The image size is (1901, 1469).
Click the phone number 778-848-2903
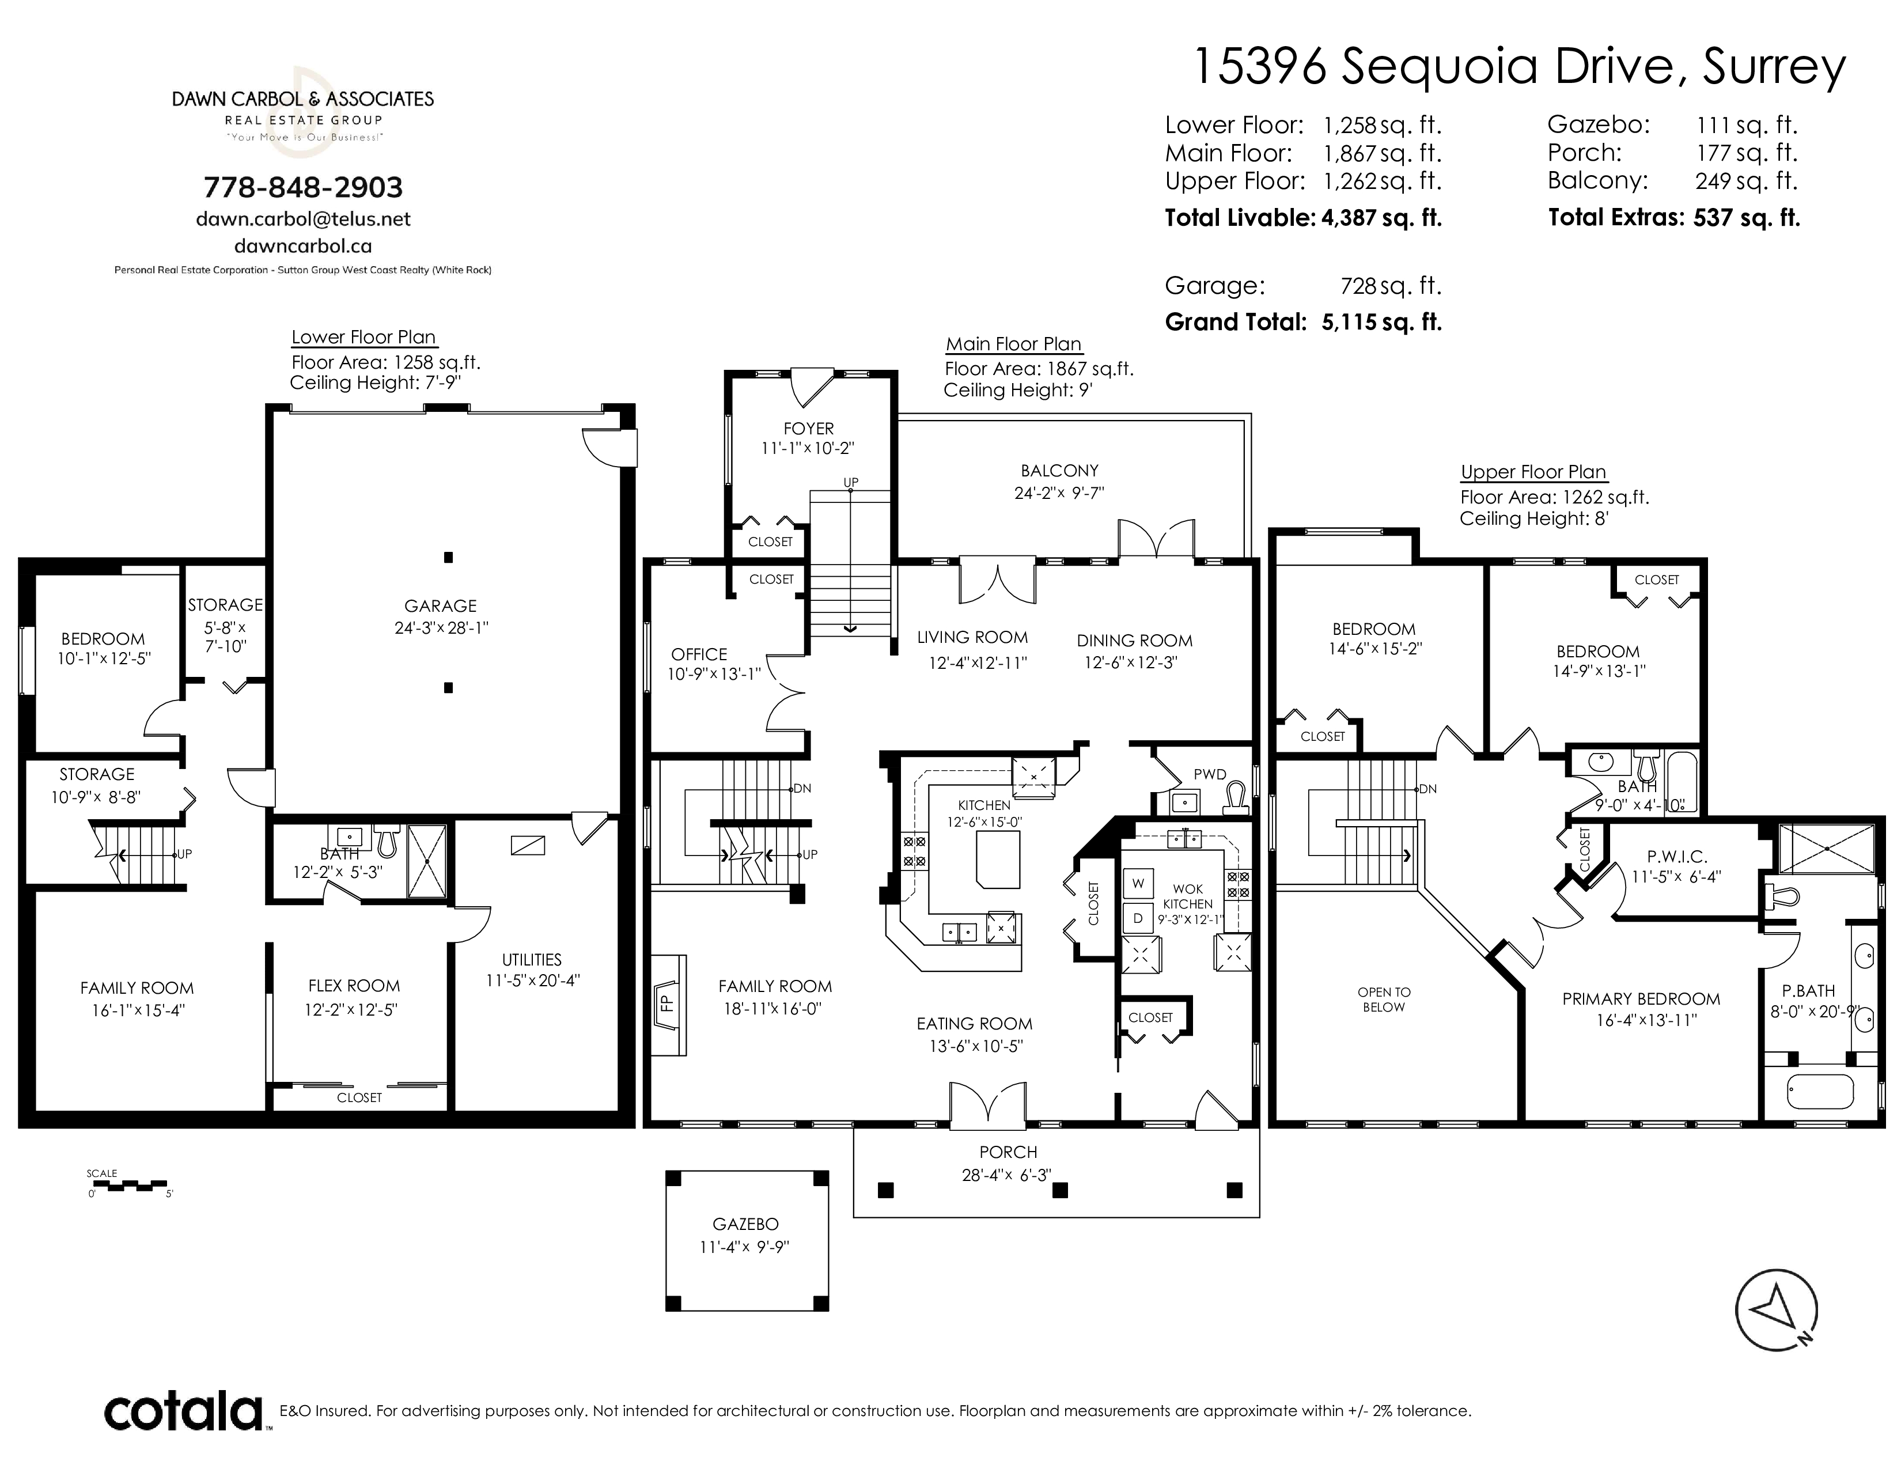click(x=303, y=187)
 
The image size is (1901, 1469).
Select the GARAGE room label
click(x=441, y=605)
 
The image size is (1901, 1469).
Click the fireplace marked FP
click(x=668, y=1005)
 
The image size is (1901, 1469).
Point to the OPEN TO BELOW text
click(x=1384, y=999)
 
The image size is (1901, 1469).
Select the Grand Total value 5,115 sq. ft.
click(x=1381, y=322)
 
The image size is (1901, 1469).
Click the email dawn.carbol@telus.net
click(x=303, y=219)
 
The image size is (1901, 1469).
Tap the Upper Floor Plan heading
click(x=1533, y=472)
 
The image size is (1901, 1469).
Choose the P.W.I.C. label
click(x=1676, y=857)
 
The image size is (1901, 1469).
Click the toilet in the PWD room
click(x=1235, y=798)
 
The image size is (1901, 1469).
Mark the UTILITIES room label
click(x=532, y=960)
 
